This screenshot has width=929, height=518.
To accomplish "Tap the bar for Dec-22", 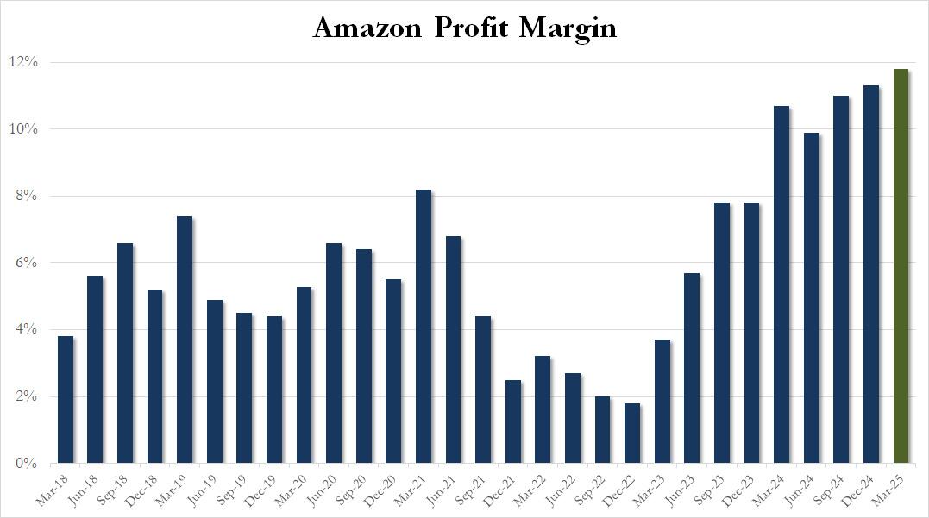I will [x=631, y=433].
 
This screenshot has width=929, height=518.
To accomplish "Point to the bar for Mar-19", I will [x=184, y=340].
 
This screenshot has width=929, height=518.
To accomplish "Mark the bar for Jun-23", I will [x=692, y=368].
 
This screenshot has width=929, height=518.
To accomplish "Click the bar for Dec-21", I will [x=512, y=421].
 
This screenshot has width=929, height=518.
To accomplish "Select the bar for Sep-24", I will [x=841, y=279].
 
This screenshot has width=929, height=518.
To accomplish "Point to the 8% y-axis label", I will [x=26, y=196].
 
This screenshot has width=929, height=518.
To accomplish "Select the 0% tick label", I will [x=26, y=464].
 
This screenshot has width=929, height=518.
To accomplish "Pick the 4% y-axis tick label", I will [x=26, y=329].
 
